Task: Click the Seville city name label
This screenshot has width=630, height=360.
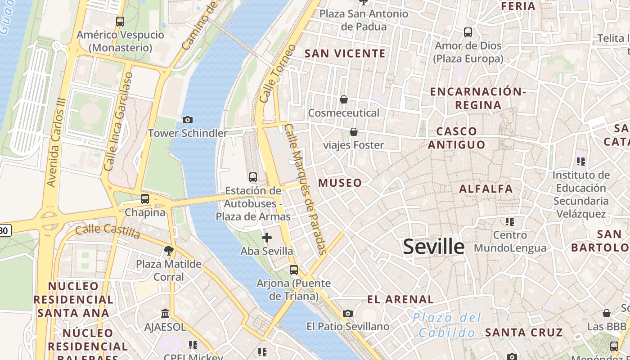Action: click(x=433, y=247)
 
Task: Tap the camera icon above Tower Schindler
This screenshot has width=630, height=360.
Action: click(x=188, y=120)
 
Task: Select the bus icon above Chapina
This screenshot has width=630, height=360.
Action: click(x=145, y=198)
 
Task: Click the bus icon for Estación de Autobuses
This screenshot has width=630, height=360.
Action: click(x=253, y=177)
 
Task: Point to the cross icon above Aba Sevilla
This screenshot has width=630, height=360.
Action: click(x=267, y=238)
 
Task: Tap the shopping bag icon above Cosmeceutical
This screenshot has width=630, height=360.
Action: click(x=344, y=99)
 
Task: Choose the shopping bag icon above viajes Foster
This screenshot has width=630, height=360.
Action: click(x=354, y=132)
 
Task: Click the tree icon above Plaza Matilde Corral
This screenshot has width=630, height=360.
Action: click(x=169, y=250)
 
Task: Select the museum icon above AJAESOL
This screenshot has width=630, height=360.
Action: click(x=165, y=313)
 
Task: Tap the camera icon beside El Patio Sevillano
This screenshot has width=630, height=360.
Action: click(x=348, y=313)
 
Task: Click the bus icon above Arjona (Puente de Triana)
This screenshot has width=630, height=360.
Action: click(x=294, y=270)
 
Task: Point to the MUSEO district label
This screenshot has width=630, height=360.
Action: click(x=340, y=183)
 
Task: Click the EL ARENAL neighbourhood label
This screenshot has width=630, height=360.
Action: click(x=400, y=299)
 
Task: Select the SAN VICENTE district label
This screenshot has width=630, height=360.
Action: click(x=345, y=54)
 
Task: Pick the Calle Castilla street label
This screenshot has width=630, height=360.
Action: click(x=108, y=231)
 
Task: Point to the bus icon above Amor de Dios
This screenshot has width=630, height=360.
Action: click(x=468, y=32)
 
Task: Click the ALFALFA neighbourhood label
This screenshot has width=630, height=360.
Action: click(x=486, y=189)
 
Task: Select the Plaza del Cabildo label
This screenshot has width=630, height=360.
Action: click(x=447, y=325)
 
